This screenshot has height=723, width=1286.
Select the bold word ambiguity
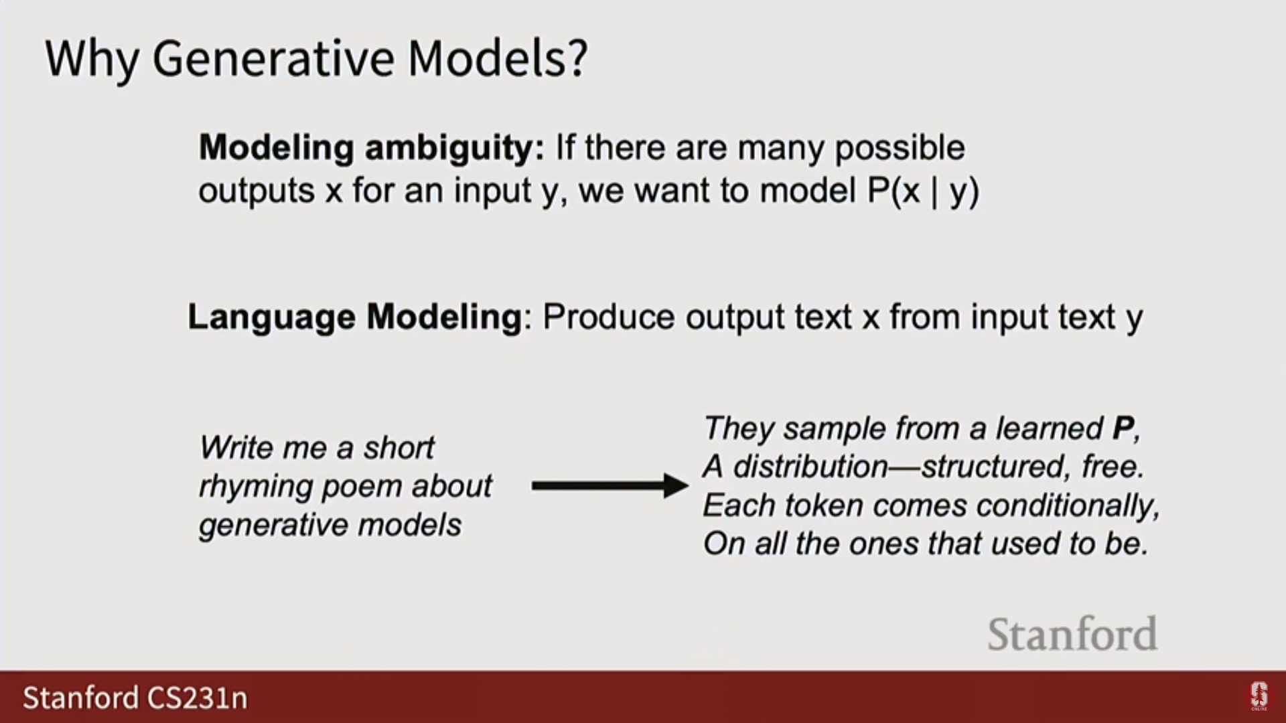[x=455, y=149]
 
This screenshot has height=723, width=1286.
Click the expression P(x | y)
[x=923, y=191]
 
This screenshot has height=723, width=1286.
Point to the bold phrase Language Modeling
[x=354, y=317]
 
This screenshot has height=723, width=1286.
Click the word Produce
[x=608, y=317]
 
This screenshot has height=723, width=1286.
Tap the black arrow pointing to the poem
[x=610, y=485]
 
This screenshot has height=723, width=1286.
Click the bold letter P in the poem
[x=1123, y=428]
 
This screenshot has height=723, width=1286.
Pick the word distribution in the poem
[x=810, y=467]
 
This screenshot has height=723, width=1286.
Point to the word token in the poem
[x=823, y=505]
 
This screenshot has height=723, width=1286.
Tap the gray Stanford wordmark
[x=1072, y=634]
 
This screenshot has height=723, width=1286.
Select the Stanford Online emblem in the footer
[x=1259, y=696]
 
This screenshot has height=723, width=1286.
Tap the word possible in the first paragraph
[x=900, y=149]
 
